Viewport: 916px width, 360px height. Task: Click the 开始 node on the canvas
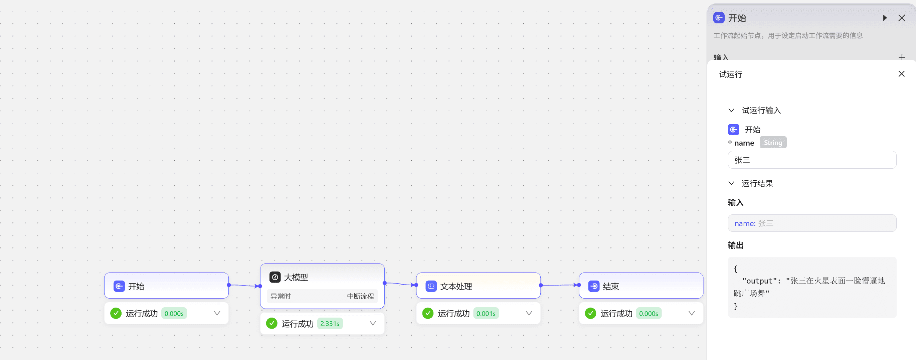pyautogui.click(x=166, y=286)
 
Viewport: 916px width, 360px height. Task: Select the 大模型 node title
pyautogui.click(x=296, y=277)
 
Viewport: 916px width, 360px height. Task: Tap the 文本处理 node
pyautogui.click(x=478, y=286)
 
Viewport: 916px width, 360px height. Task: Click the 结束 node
pyautogui.click(x=641, y=286)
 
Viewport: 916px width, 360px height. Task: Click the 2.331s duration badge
pyautogui.click(x=330, y=323)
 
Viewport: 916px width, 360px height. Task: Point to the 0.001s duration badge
pyautogui.click(x=486, y=313)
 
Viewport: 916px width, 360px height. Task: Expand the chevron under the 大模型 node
pyautogui.click(x=373, y=323)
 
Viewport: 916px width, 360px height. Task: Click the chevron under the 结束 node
pyautogui.click(x=692, y=313)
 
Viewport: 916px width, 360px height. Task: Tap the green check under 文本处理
pyautogui.click(x=428, y=313)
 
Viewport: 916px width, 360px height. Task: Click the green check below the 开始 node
pyautogui.click(x=116, y=313)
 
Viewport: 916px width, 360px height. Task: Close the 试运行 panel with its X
pyautogui.click(x=901, y=74)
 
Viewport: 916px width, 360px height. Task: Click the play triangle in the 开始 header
pyautogui.click(x=885, y=18)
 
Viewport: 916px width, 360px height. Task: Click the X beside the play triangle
pyautogui.click(x=902, y=18)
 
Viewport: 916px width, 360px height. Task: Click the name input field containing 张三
pyautogui.click(x=812, y=160)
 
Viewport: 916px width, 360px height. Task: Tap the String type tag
pyautogui.click(x=773, y=143)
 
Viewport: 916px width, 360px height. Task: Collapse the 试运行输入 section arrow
pyautogui.click(x=731, y=111)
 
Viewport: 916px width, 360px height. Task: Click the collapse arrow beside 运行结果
pyautogui.click(x=731, y=184)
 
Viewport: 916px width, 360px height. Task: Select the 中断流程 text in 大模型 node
pyautogui.click(x=360, y=296)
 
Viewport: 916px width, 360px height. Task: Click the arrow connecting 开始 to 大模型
pyautogui.click(x=244, y=286)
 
